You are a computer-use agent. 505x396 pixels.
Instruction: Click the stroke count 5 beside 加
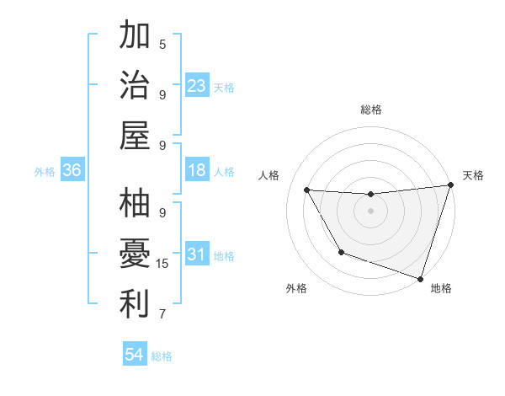pyautogui.click(x=162, y=44)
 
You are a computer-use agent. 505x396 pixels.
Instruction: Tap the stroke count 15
pyautogui.click(x=162, y=264)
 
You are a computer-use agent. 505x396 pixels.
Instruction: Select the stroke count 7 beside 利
pyautogui.click(x=162, y=314)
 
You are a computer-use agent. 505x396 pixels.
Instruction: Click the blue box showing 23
pyautogui.click(x=197, y=86)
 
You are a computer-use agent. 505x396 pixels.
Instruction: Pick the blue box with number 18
pyautogui.click(x=197, y=170)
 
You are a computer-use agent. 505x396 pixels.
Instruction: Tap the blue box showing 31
pyautogui.click(x=197, y=254)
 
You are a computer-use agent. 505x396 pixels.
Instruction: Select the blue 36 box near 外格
pyautogui.click(x=72, y=170)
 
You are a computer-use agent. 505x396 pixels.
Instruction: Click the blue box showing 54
pyautogui.click(x=135, y=355)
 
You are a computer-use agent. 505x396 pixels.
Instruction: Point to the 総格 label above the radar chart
pyautogui.click(x=370, y=110)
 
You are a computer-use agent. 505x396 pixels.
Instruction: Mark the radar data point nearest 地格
pyautogui.click(x=420, y=278)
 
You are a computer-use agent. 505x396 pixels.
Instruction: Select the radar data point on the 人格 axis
pyautogui.click(x=307, y=190)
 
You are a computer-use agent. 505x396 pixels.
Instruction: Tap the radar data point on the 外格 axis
pyautogui.click(x=341, y=252)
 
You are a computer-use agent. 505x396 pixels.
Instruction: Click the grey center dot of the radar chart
pyautogui.click(x=370, y=211)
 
